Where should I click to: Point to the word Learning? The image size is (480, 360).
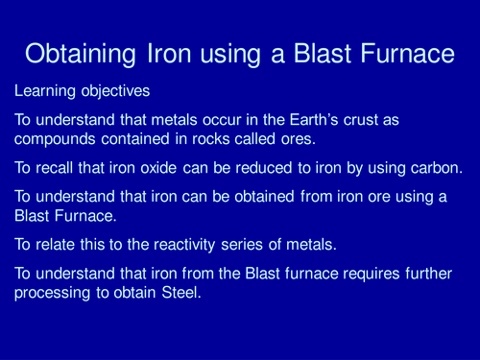point(44,93)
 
